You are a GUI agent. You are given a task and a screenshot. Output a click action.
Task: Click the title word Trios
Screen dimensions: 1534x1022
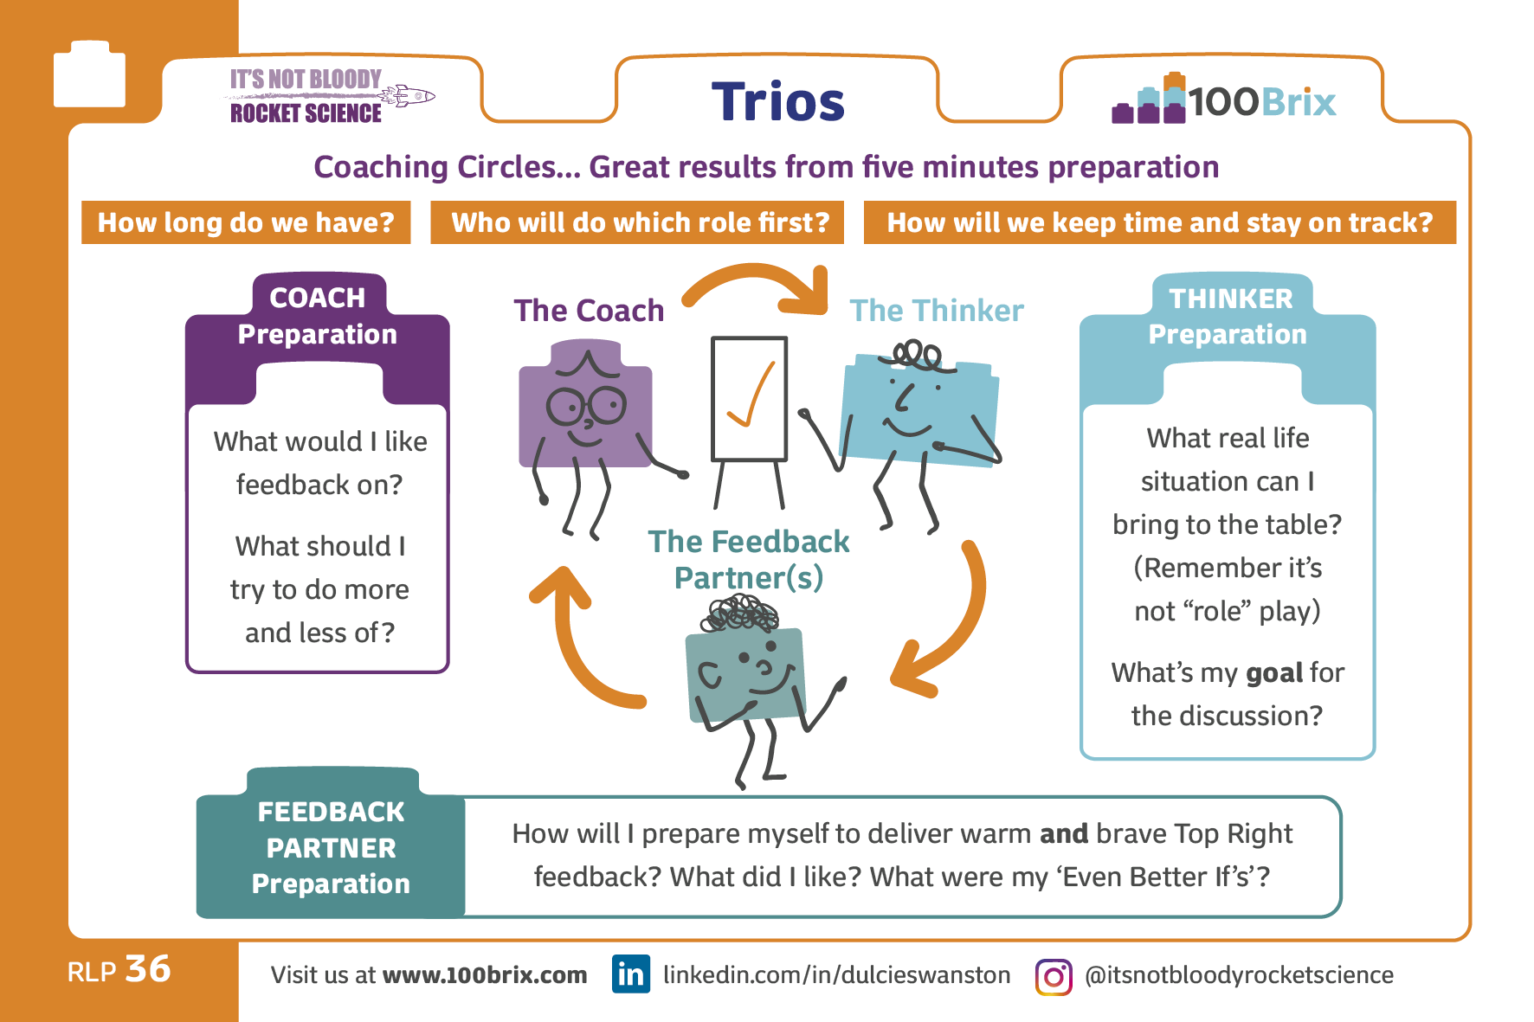[777, 101]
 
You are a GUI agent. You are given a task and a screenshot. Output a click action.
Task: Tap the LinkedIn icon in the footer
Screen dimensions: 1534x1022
[631, 974]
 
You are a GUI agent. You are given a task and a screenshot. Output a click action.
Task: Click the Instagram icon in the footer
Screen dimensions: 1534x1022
[1054, 977]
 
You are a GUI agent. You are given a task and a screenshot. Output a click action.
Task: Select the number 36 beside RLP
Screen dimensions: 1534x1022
[148, 969]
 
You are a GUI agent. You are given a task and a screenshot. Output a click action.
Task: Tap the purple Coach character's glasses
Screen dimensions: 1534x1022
[587, 405]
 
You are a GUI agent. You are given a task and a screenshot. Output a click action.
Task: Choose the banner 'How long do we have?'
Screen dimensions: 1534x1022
[246, 222]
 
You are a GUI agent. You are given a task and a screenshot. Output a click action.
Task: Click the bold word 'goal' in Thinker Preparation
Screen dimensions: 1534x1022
[1274, 673]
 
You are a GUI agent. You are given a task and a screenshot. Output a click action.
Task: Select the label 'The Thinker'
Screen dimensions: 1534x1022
[937, 311]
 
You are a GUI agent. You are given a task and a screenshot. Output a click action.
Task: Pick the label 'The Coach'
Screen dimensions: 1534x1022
[589, 311]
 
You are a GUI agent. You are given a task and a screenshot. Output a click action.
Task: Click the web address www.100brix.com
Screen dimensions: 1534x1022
[485, 975]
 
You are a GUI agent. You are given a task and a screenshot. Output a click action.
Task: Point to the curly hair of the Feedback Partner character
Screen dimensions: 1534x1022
[740, 614]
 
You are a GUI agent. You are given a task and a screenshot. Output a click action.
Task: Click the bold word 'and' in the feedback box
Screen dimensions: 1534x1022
[1064, 833]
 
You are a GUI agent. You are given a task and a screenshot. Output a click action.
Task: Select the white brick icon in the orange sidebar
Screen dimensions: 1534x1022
[89, 74]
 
